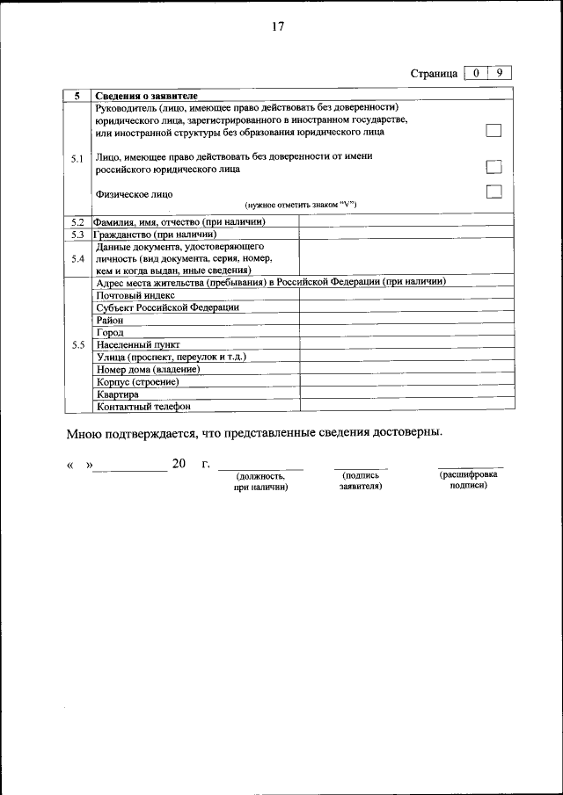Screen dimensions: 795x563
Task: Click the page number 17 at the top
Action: tap(277, 26)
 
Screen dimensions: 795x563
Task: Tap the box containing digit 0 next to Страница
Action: tap(475, 73)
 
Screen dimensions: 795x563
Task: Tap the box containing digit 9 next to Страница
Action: tap(499, 73)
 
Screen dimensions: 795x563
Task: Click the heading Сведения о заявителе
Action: tap(147, 95)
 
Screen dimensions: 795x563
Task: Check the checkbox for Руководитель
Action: tap(494, 131)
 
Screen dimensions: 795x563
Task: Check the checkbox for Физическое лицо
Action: tap(494, 192)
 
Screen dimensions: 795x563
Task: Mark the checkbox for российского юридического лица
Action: tap(494, 167)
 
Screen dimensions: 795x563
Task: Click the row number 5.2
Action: tap(77, 222)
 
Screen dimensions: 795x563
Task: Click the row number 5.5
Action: tap(77, 345)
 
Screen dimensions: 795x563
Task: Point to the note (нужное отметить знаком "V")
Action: tap(300, 205)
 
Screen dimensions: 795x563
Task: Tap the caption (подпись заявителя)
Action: tap(360, 480)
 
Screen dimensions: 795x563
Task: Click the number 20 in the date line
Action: tap(179, 464)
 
